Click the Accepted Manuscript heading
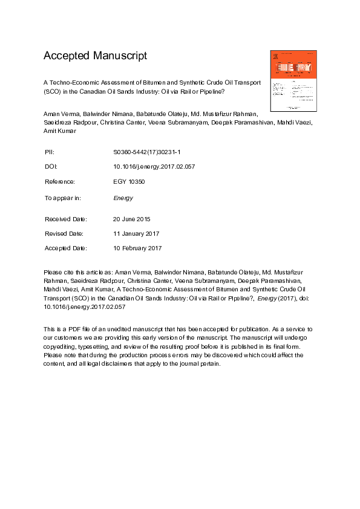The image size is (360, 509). point(95,56)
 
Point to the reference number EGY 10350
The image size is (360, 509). point(128,181)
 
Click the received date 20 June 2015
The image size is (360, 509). point(131,219)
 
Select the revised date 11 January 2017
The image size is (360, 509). point(136,233)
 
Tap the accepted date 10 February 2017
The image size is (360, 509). point(137,248)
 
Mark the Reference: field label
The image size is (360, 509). point(60,181)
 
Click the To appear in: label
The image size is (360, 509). point(63,198)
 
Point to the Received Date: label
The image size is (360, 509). point(65,219)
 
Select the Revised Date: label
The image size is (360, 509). point(64,233)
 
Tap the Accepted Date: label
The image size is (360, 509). point(65,248)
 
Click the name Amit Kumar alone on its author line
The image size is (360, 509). point(59,130)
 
